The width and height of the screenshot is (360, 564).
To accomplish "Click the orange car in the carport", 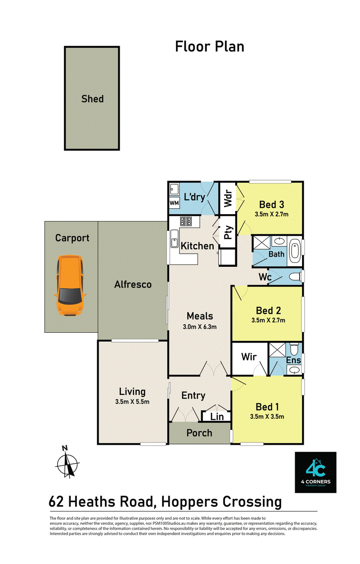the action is [x=70, y=286].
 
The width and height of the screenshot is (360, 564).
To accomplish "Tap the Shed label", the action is [x=92, y=98].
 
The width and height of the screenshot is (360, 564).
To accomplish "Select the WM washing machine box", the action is [x=174, y=203].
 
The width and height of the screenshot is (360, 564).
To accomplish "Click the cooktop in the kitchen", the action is [x=186, y=221].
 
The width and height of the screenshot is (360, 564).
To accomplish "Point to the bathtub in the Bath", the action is [x=295, y=251].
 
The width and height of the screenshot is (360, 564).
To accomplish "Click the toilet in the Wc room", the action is [x=295, y=277].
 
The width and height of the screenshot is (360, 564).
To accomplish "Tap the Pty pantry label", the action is [x=228, y=233].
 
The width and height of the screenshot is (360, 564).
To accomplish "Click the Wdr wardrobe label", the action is [x=228, y=198].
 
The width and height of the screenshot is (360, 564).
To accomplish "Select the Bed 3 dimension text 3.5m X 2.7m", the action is [x=271, y=214].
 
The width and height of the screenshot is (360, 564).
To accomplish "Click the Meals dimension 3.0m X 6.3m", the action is [x=199, y=327].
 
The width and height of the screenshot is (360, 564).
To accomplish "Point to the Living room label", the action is [x=132, y=392].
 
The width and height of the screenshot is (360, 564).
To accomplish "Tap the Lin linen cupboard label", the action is [x=217, y=416].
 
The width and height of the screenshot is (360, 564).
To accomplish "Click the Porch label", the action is [x=199, y=433].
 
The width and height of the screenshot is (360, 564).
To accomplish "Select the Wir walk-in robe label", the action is [x=249, y=357].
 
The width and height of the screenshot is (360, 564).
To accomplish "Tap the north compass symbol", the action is [x=67, y=462].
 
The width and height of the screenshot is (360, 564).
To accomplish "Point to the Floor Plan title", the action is [x=210, y=47].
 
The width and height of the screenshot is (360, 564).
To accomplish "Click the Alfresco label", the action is [x=133, y=285].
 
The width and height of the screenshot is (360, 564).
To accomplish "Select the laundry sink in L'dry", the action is [x=174, y=189].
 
